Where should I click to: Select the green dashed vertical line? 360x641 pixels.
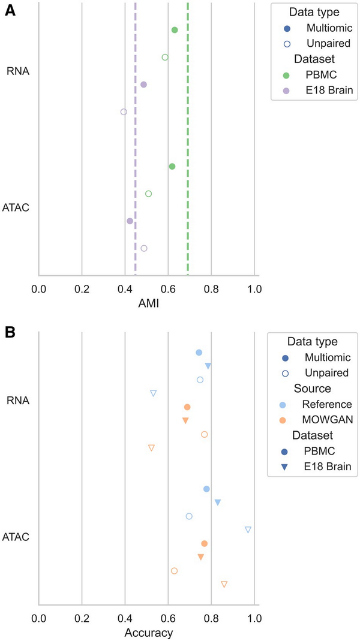coord(188,138)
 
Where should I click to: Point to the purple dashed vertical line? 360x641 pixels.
coord(135,138)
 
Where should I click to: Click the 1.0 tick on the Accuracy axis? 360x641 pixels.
coord(254,618)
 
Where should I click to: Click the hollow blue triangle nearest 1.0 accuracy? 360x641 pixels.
coord(248,529)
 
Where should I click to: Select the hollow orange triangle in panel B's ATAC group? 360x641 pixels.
coord(224,584)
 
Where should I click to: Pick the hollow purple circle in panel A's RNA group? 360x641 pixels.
coord(124,112)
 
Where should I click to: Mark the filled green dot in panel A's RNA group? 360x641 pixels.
coord(175,30)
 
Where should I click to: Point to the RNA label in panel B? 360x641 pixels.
coord(19,400)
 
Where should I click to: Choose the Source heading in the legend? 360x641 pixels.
coord(311,388)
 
